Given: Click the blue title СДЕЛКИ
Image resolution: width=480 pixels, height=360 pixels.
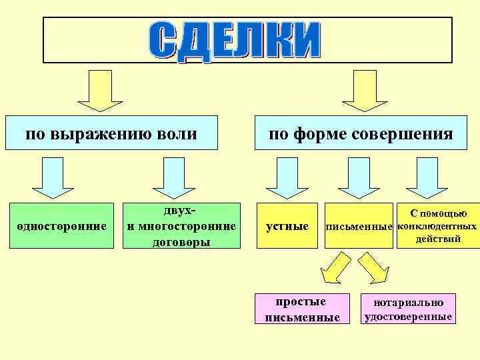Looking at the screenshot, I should point(233,41).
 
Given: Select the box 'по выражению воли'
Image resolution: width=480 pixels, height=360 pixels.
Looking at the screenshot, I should point(111,135).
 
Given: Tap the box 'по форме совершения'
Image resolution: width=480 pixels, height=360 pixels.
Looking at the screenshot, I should point(361,135).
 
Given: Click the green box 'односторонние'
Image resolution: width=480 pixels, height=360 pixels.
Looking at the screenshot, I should point(61,226).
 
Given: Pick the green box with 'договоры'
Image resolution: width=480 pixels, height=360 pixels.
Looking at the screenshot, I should point(181,226).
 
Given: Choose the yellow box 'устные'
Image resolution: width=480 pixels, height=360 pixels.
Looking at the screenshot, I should point(287,226).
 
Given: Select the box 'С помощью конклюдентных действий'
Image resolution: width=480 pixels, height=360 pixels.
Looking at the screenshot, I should point(437,226).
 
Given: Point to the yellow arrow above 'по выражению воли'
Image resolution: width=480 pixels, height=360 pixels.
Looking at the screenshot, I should point(100,91).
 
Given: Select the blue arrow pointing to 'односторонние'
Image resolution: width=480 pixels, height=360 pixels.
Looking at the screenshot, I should point(53,177).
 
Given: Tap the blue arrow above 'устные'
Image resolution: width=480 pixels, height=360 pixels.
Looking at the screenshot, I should point(287,177).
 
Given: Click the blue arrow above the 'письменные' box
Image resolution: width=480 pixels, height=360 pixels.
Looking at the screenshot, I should point(359,177).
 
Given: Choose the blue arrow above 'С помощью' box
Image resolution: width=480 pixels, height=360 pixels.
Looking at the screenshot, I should point(427,177).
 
